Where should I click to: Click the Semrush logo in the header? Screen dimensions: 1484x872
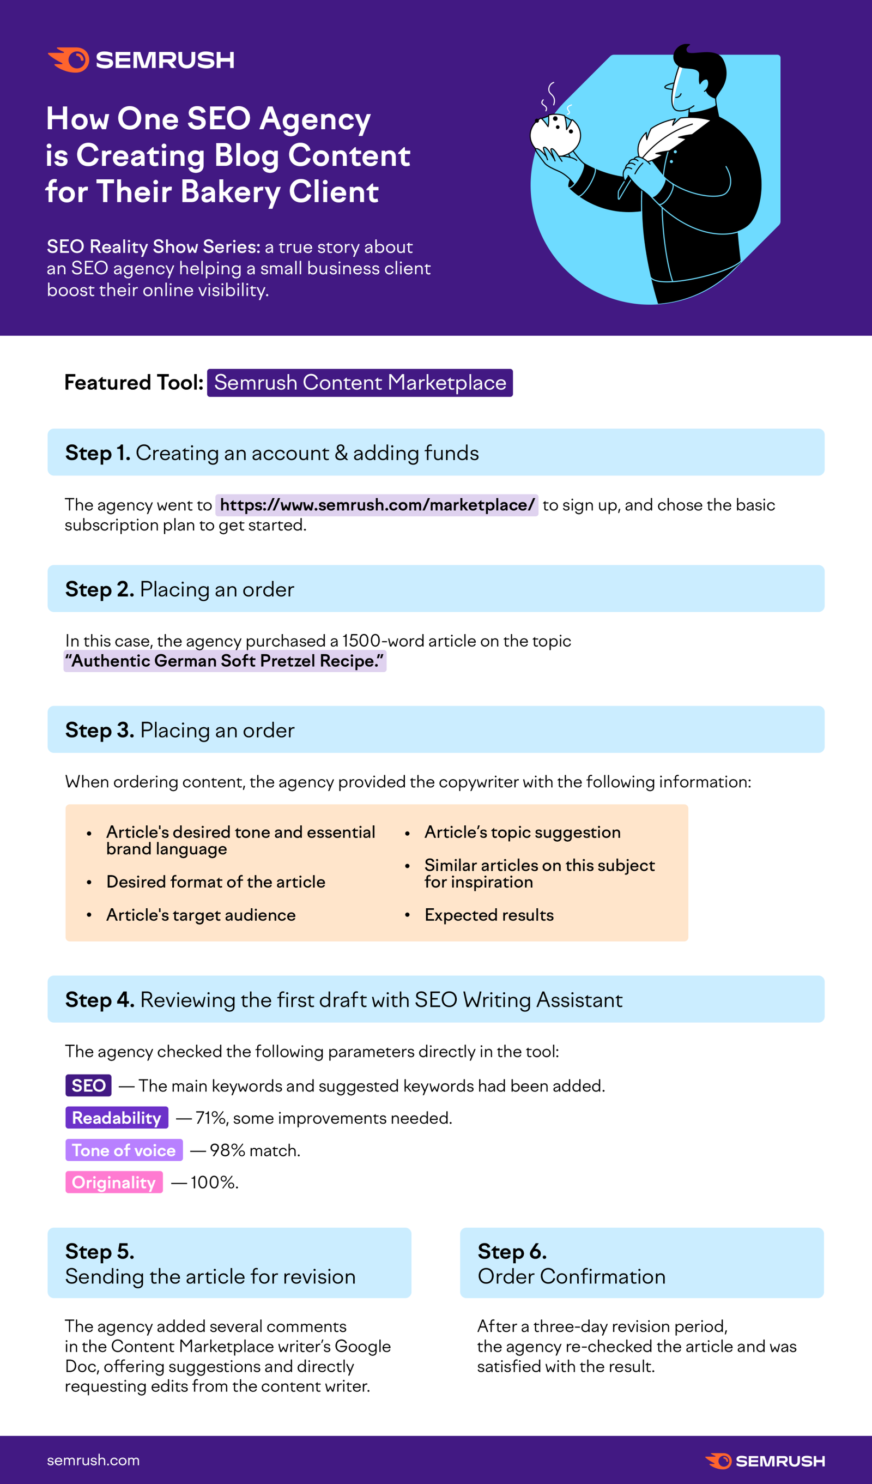[x=141, y=60]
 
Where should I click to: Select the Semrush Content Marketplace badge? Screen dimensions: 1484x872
[x=360, y=383]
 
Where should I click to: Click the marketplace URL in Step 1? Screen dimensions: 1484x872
[x=377, y=505]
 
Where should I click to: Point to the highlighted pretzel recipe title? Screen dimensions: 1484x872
[x=225, y=661]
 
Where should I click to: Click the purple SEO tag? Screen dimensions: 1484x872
[x=88, y=1085]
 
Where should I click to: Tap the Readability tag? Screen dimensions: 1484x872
[x=117, y=1118]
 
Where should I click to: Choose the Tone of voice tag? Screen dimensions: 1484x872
[x=124, y=1150]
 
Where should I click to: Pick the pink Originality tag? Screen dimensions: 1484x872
[x=114, y=1183]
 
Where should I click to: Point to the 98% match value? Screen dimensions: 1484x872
[x=227, y=1150]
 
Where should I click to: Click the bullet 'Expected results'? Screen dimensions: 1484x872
[x=489, y=915]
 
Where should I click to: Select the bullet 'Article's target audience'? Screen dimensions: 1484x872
[x=201, y=915]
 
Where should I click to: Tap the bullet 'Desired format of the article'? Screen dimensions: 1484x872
[x=215, y=882]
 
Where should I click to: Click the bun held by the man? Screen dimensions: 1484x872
[x=555, y=134]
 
